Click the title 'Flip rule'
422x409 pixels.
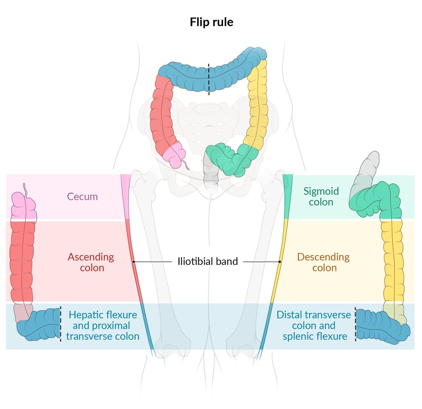(x=211, y=22)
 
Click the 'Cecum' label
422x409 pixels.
(x=82, y=196)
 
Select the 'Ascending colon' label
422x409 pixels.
(x=90, y=262)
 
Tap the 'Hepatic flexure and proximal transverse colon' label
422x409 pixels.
(x=103, y=326)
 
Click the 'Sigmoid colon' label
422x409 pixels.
(x=321, y=196)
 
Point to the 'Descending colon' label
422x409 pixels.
(x=323, y=262)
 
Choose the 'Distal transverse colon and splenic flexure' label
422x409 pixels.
(x=314, y=326)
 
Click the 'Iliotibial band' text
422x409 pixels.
(x=208, y=261)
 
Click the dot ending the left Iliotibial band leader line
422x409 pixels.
(x=133, y=261)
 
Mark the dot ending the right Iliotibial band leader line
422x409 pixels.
(x=280, y=261)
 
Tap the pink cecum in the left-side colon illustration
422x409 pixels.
(x=24, y=206)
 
